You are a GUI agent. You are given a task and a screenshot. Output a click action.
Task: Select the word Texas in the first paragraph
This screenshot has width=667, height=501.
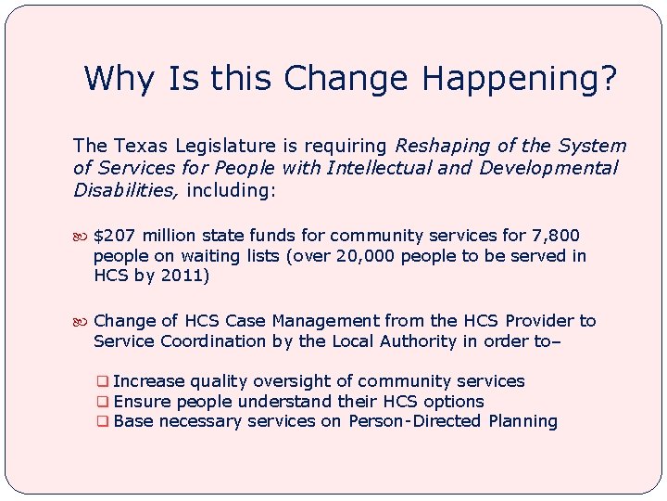click(x=140, y=146)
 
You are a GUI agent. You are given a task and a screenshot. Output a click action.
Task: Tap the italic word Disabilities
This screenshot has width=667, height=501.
click(x=126, y=190)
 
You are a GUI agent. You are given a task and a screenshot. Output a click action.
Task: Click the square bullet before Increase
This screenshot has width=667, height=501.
click(x=104, y=381)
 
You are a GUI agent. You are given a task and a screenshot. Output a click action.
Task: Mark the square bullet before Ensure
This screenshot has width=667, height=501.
click(x=104, y=402)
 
